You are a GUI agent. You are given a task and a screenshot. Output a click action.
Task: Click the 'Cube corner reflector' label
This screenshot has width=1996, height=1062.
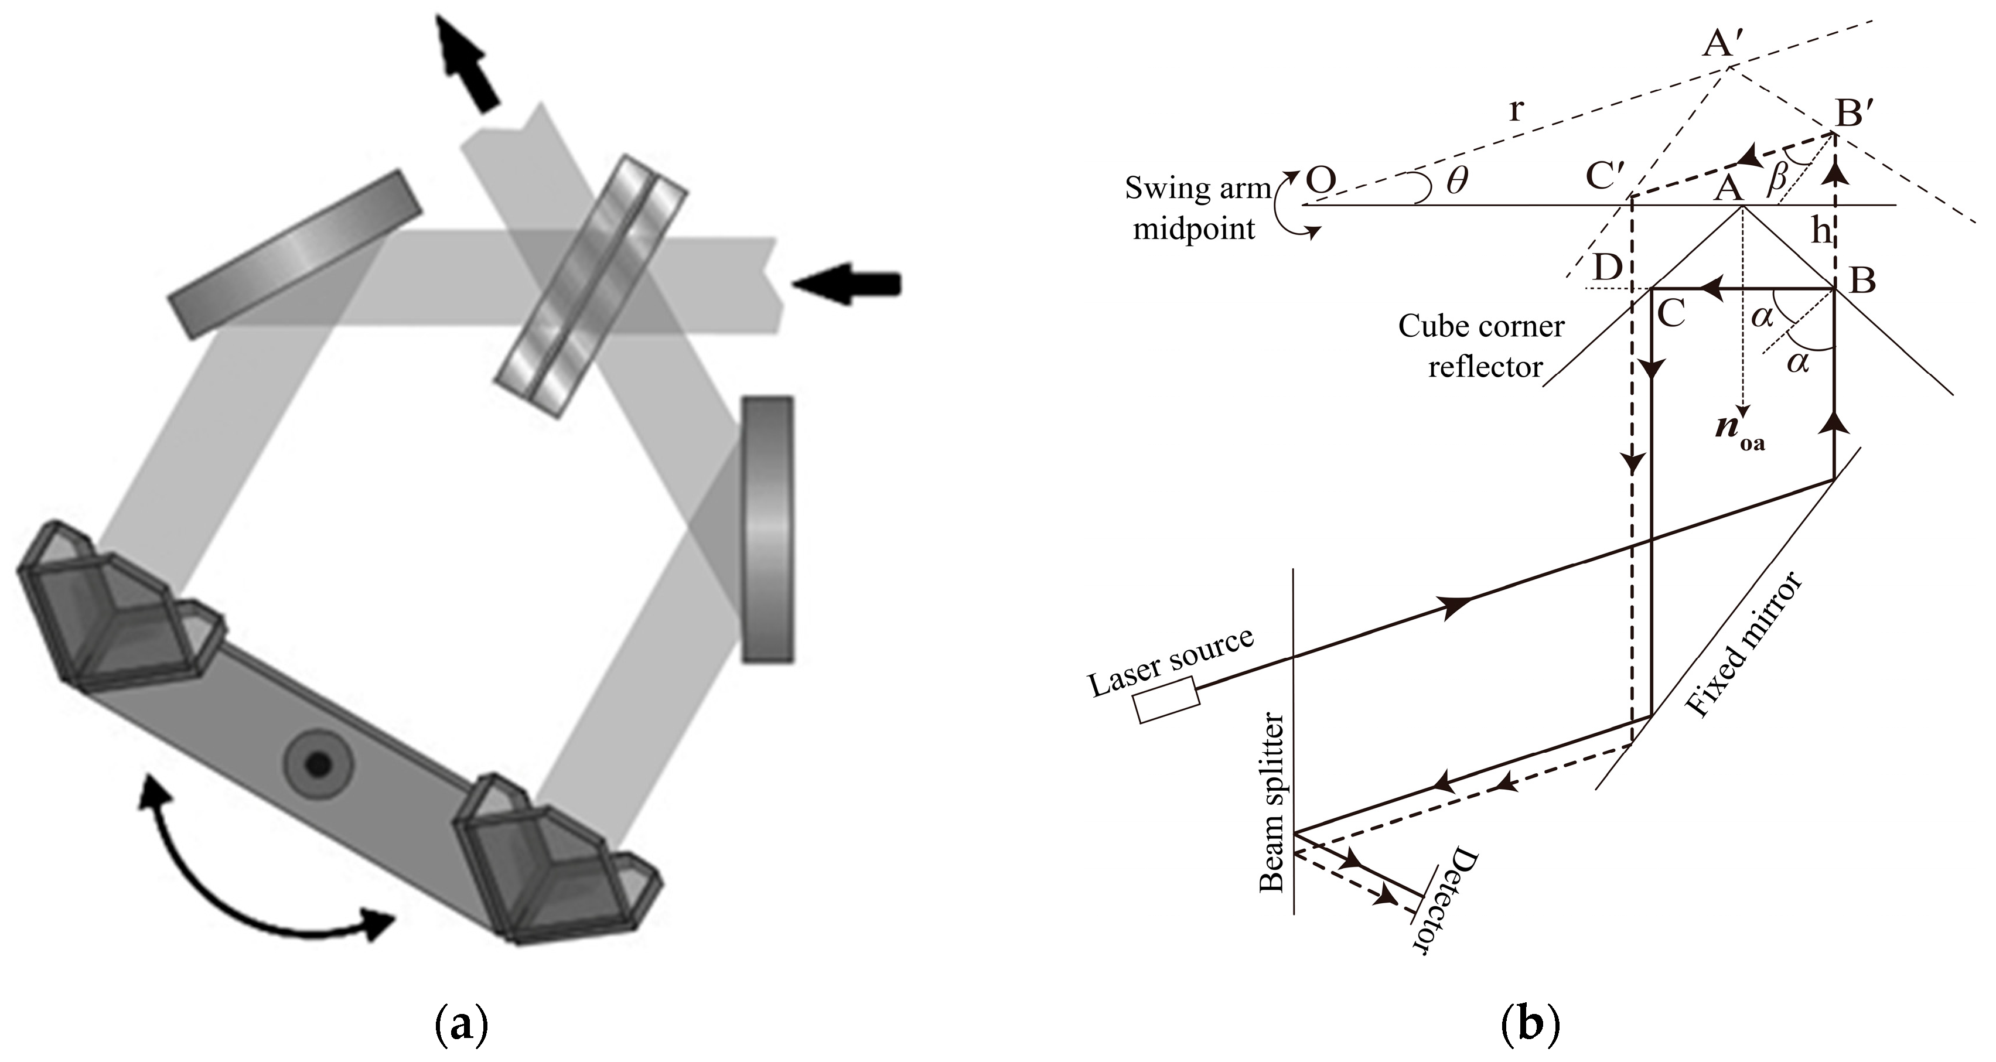tap(1482, 346)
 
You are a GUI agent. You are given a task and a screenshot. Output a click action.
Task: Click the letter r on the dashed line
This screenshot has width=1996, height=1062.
tap(1516, 111)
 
